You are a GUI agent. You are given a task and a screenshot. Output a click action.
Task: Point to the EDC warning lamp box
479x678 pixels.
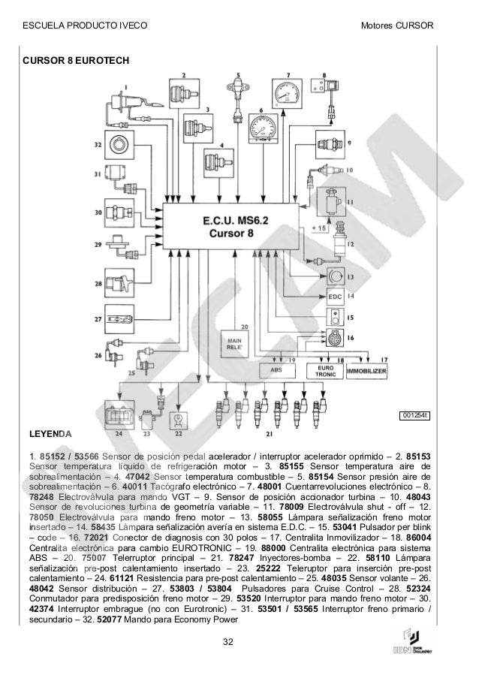pos(336,297)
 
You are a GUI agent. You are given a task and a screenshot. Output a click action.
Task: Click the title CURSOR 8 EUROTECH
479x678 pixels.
pos(66,59)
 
